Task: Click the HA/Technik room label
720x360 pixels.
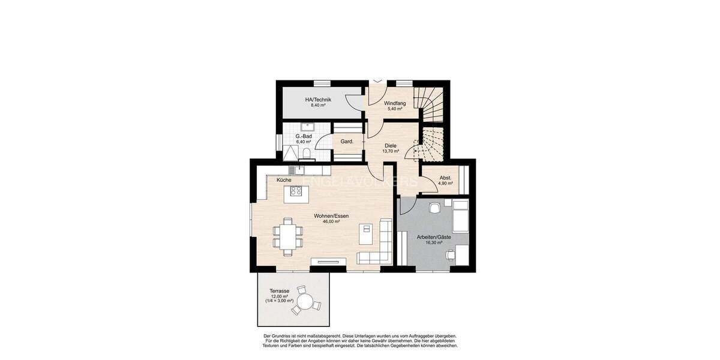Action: point(318,100)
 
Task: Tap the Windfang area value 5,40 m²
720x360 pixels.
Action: point(395,109)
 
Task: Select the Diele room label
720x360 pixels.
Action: point(391,145)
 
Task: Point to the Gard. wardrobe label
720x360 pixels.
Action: point(347,142)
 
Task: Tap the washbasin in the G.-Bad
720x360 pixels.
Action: point(309,126)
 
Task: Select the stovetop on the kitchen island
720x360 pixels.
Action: point(296,191)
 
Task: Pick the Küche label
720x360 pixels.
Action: point(284,180)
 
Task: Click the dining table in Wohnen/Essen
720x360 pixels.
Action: point(286,235)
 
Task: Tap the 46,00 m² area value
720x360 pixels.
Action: point(331,221)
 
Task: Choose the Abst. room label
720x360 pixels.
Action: point(445,178)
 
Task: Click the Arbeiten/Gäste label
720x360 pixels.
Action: point(434,238)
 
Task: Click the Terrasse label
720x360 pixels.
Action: point(280,291)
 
